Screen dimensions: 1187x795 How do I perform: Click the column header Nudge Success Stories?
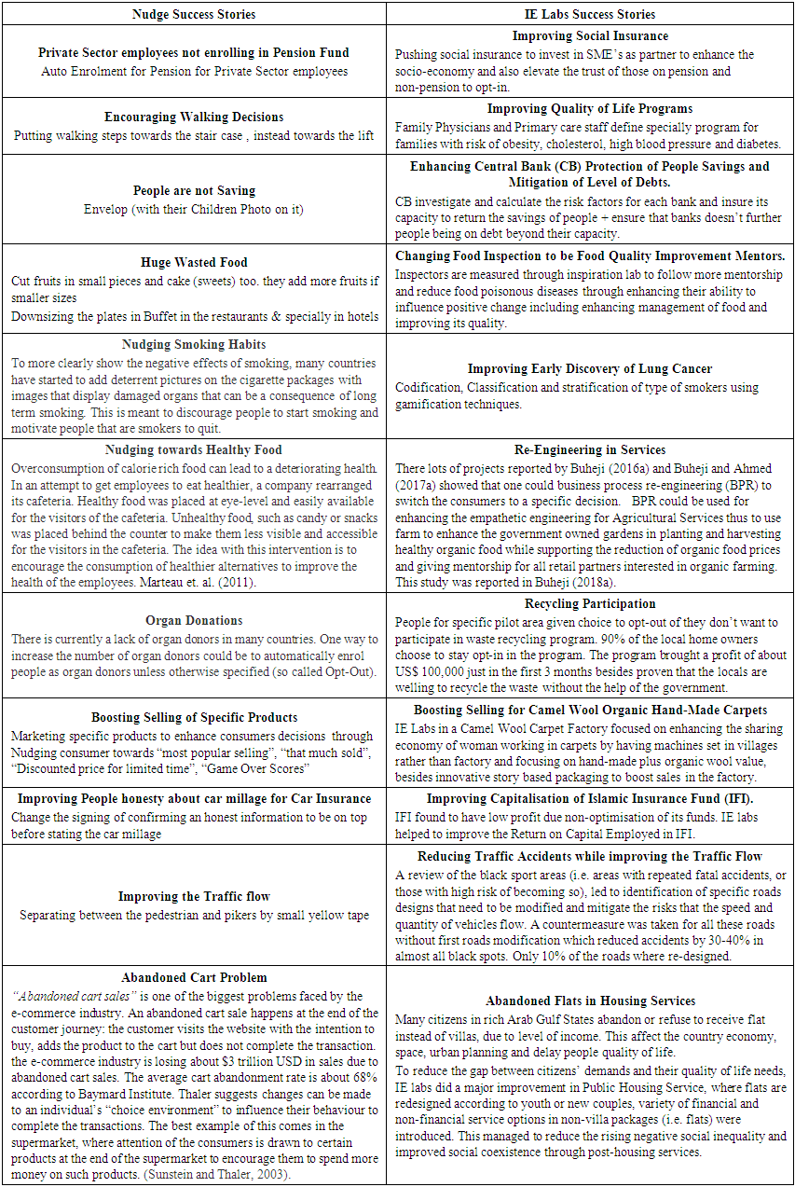point(194,14)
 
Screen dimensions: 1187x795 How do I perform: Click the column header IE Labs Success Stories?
point(590,14)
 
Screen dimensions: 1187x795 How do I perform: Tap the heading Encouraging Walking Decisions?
point(194,117)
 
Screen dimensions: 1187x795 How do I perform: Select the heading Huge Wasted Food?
point(194,263)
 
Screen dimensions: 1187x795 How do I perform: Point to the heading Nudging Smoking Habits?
point(194,345)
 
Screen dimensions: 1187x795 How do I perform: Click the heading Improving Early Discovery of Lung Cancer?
point(590,369)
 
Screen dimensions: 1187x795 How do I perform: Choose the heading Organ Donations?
point(194,620)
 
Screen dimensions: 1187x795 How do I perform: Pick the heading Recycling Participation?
point(590,604)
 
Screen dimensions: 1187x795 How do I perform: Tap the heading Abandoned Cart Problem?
point(194,977)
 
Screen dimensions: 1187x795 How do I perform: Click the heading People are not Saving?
point(194,190)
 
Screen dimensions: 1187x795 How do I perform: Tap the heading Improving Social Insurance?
point(590,36)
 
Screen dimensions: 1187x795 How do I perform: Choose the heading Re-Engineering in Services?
point(590,449)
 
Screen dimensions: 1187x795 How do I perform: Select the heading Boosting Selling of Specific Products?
point(194,717)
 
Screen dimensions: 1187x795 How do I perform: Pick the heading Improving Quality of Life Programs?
point(590,109)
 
